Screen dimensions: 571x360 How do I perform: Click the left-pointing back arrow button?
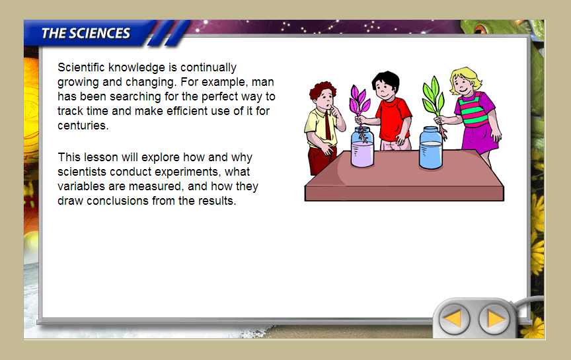(454, 319)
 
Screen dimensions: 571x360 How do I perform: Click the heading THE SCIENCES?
(85, 33)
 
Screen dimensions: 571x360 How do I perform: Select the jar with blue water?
(431, 148)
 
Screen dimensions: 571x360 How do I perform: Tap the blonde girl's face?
(463, 85)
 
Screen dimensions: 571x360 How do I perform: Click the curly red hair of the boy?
(322, 90)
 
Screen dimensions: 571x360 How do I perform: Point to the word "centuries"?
(83, 126)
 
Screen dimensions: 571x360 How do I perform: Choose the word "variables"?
(81, 186)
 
